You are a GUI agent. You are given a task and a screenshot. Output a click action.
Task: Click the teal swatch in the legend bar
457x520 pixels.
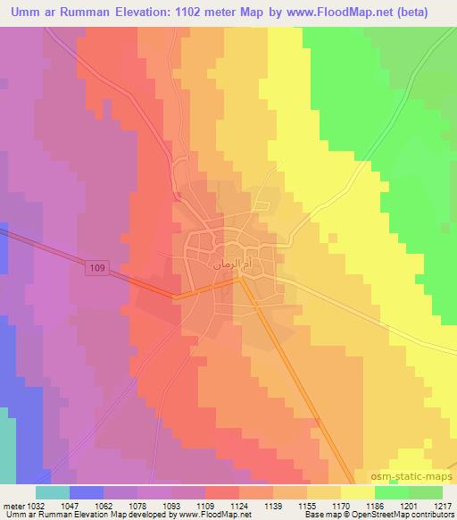coord(52,492)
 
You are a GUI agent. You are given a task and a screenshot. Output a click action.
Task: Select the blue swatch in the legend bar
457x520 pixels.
coord(87,492)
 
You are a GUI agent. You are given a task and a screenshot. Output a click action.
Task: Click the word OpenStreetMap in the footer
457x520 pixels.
coord(390,516)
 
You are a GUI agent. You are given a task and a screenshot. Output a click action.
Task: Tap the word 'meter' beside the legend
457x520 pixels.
coord(14,506)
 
